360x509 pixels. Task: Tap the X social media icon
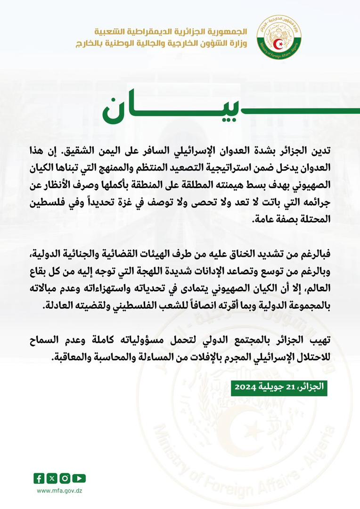52,478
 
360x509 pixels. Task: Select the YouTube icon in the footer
79,478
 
